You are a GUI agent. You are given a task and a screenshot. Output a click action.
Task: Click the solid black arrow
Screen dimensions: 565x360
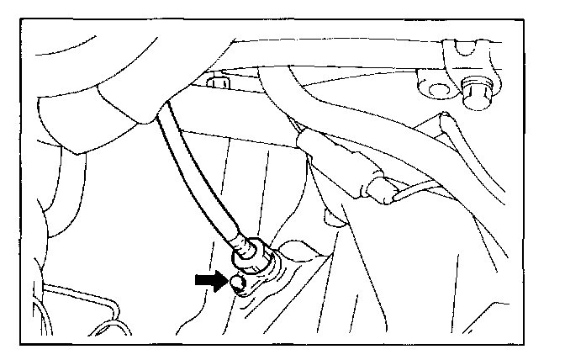(209, 280)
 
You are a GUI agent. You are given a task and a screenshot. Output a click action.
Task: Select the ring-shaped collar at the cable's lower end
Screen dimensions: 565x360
(251, 260)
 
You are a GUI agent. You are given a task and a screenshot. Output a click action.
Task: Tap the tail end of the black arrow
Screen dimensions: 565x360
(197, 280)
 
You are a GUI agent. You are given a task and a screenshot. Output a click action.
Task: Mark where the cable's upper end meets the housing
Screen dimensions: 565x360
(159, 119)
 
